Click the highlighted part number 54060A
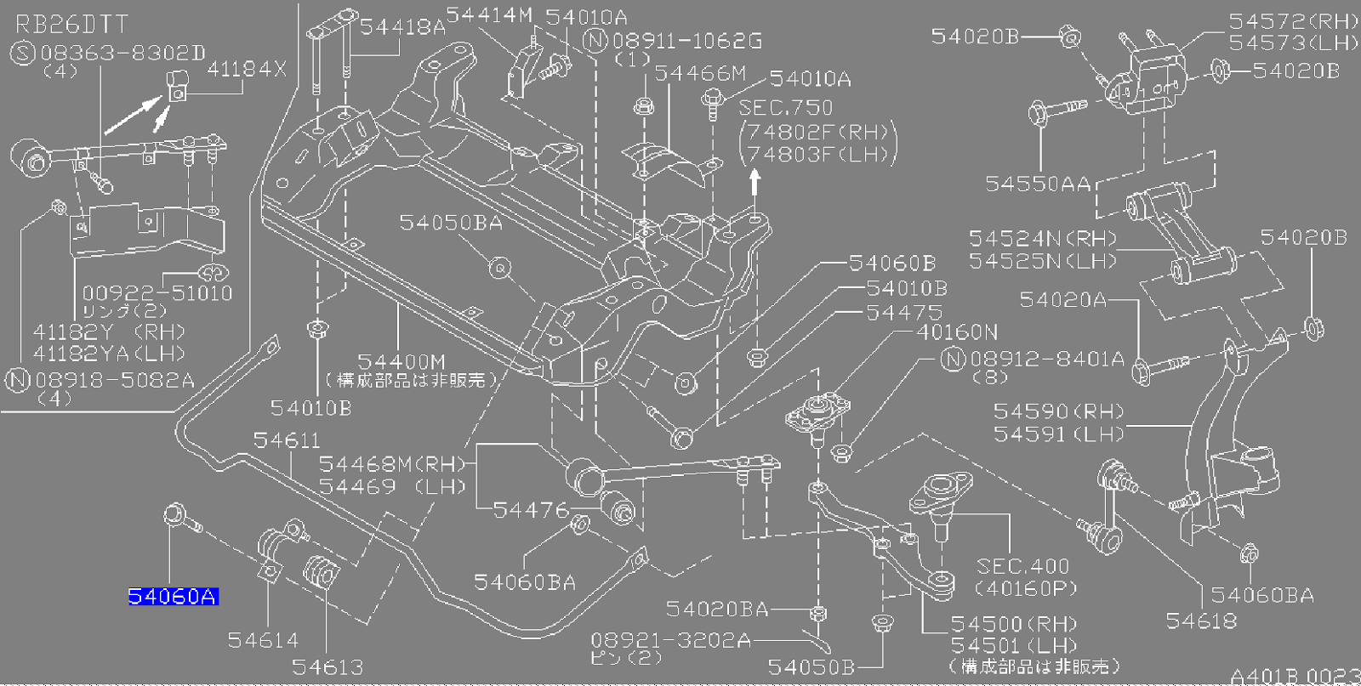173,597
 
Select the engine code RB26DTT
71,25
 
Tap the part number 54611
287,440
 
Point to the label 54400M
401,362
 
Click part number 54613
327,667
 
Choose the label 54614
263,640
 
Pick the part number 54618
1201,621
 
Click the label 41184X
247,70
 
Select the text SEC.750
785,108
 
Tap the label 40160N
957,332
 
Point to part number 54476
531,510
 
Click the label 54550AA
1037,184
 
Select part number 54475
904,313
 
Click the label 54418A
401,27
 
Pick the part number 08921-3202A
670,640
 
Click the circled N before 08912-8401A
953,360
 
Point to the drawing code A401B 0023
1294,677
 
